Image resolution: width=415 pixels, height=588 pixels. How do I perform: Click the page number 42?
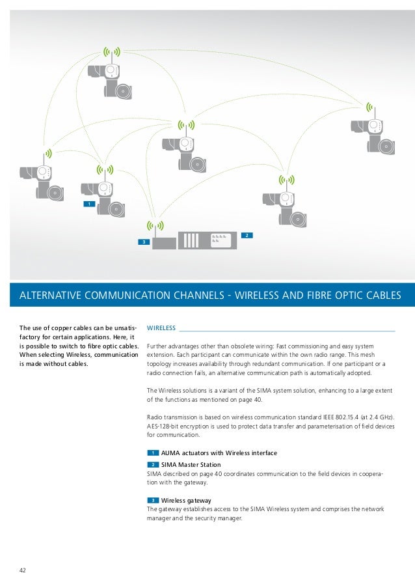22,570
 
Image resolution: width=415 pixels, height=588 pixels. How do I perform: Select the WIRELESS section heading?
163,328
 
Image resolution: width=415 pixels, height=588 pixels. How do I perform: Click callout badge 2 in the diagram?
248,234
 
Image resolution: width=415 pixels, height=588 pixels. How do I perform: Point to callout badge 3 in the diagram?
142,242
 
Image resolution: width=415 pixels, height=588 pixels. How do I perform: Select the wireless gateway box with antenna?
164,243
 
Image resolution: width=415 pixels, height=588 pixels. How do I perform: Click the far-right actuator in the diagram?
373,133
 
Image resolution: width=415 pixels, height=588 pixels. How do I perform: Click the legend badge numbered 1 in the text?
152,453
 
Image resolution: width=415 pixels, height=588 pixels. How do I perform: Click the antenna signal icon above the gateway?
154,226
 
